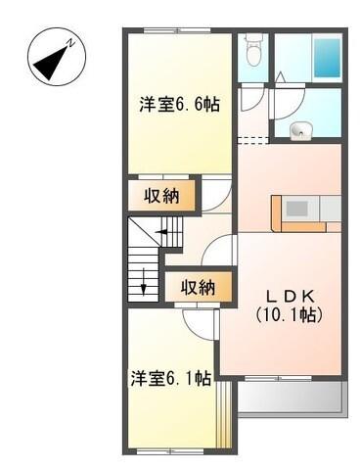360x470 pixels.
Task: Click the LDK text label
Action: pos(291,296)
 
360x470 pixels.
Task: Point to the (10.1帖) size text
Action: pos(291,315)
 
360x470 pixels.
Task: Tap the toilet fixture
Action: pos(254,49)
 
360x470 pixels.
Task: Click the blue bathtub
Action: pos(323,58)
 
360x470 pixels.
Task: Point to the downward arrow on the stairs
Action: pos(146,288)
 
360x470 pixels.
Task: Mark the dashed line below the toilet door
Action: pos(252,141)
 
